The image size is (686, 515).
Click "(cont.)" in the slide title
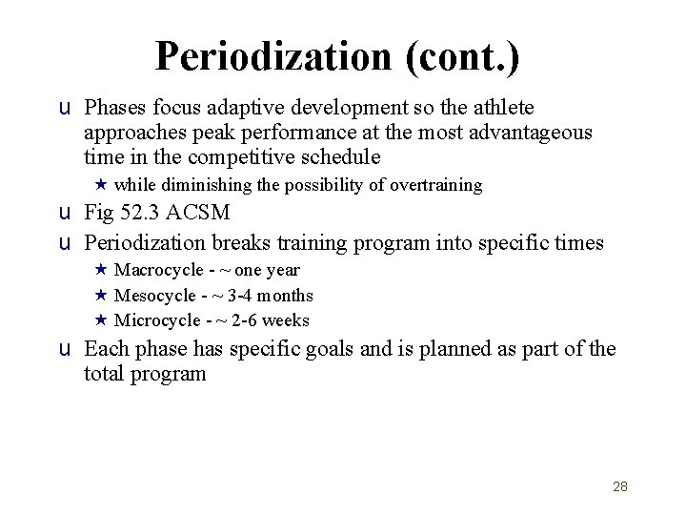pos(462,56)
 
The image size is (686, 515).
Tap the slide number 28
pos(620,486)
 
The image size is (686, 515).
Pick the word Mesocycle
pos(153,296)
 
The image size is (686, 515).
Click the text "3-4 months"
pos(272,296)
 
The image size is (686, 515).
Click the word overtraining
pos(435,185)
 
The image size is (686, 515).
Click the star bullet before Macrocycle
pos(100,270)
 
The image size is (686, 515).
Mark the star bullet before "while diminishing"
pos(100,185)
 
